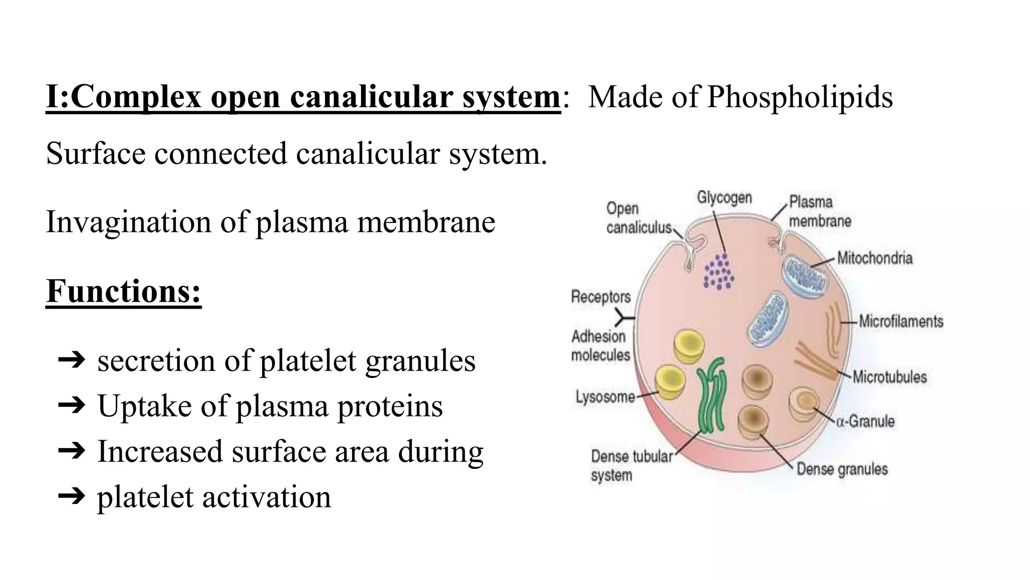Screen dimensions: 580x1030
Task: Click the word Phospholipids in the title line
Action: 800,97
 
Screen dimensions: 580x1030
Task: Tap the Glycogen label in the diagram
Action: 724,197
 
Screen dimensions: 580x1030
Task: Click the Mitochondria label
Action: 875,258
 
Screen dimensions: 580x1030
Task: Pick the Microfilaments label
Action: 901,321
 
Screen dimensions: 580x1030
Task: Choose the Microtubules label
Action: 889,377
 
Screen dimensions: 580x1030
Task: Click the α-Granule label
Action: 865,421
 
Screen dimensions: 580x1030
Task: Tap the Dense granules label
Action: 842,469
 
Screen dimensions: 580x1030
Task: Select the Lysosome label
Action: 605,397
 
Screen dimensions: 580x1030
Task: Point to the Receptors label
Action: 600,297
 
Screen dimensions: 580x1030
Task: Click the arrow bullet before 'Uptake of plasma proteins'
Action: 71,406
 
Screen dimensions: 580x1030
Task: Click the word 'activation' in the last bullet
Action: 267,497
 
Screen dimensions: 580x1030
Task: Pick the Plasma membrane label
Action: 819,211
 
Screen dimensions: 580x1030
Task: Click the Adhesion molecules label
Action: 600,345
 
